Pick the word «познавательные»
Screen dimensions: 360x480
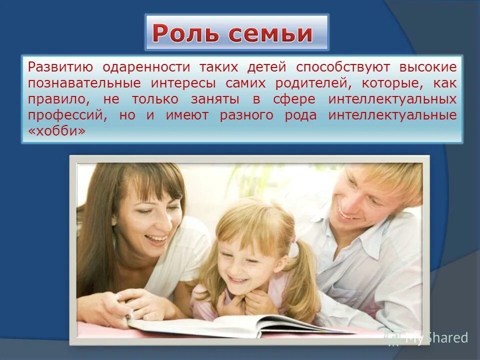coord(78,83)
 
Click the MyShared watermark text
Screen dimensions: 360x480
coord(435,337)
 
